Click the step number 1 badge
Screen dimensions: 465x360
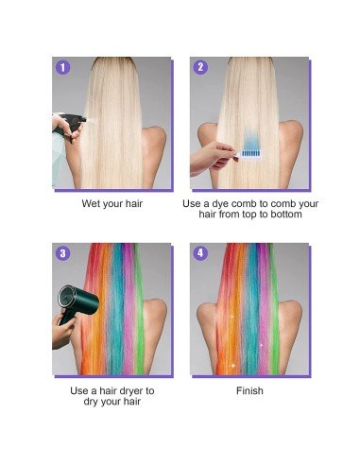pos(63,67)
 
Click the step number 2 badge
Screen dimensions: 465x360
pos(199,67)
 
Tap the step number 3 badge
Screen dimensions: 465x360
pos(63,253)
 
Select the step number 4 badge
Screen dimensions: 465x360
pos(199,253)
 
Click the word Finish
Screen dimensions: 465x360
pos(249,390)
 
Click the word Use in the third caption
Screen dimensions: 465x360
pos(80,390)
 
